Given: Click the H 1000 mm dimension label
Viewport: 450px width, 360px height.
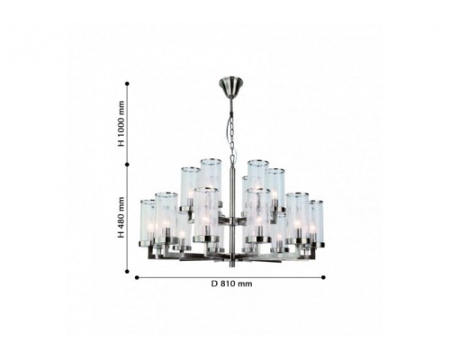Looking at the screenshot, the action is (121, 123).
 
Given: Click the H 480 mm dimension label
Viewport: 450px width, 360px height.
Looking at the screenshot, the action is (121, 217).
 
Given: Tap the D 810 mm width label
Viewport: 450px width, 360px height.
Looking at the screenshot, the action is (231, 283).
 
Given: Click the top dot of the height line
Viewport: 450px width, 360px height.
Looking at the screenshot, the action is (127, 84).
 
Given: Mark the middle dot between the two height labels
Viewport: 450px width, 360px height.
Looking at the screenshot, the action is (127, 165).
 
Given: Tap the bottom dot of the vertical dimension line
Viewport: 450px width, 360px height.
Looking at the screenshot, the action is (127, 272).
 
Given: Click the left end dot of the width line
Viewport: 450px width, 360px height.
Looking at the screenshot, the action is (137, 277).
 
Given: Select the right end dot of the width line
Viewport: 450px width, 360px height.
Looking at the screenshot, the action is (323, 277).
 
